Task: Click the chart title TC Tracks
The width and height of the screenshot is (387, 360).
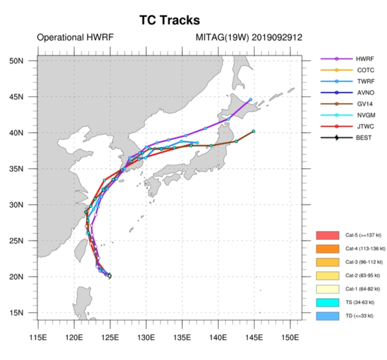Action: (169, 20)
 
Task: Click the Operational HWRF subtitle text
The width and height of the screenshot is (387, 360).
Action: (75, 38)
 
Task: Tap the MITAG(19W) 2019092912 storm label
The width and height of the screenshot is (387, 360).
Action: (249, 38)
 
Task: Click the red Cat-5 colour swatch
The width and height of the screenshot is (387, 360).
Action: (327, 235)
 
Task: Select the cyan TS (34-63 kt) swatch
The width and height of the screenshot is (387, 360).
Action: (327, 303)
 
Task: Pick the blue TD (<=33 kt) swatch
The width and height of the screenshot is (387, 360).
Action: (327, 316)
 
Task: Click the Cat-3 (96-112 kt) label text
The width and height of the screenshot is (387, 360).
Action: (364, 262)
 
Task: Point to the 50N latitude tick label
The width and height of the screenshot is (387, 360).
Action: (16, 61)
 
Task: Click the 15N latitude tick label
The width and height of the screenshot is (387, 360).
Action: (16, 313)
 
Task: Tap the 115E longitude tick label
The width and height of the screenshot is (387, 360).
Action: (38, 337)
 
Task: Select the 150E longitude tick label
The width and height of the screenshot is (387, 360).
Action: (290, 337)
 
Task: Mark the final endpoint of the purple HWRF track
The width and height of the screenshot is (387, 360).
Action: (250, 100)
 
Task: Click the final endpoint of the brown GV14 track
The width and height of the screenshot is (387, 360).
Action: (254, 131)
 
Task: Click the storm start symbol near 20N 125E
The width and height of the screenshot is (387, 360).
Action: (109, 276)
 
